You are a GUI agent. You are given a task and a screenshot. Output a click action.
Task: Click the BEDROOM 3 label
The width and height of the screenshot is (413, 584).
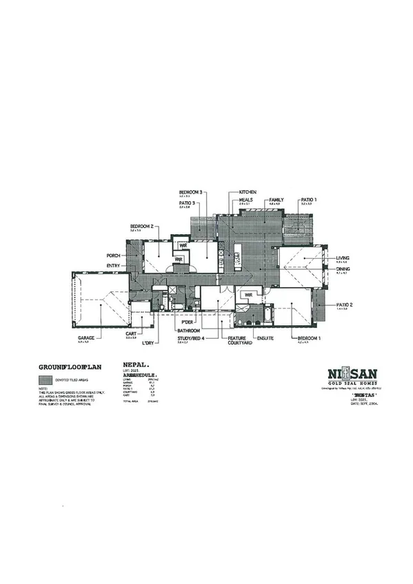tap(190, 191)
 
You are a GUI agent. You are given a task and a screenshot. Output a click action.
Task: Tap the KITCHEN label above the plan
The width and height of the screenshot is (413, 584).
tap(248, 191)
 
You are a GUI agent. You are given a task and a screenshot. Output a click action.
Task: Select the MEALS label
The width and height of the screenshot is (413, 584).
tap(246, 199)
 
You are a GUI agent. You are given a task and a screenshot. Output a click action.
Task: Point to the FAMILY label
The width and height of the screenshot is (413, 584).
tap(276, 199)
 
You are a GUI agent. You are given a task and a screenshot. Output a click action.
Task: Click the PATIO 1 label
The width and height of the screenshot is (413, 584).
tap(308, 200)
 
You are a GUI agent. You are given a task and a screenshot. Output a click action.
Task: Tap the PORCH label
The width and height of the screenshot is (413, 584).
tap(114, 255)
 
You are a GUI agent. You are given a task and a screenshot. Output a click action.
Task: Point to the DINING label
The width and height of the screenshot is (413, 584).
tap(343, 269)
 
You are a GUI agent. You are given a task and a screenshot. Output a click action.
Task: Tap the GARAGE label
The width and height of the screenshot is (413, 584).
tap(85, 338)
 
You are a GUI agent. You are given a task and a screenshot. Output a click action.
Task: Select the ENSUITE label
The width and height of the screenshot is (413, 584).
tap(265, 338)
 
